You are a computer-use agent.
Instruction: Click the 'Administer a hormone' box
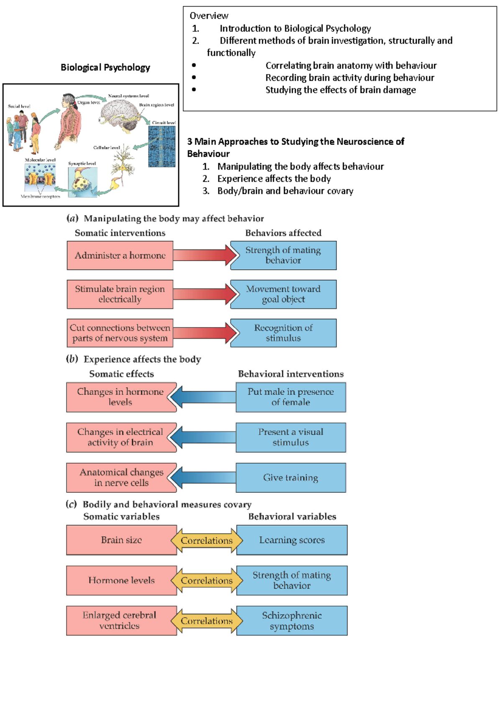(120, 255)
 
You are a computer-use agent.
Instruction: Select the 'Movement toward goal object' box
(283, 294)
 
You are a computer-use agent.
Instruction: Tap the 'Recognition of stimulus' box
(283, 333)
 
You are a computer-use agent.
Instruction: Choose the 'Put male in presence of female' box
(291, 397)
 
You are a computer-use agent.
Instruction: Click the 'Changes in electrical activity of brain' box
(120, 437)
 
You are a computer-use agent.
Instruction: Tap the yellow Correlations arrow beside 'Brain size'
(207, 540)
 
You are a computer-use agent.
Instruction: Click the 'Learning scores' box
(292, 540)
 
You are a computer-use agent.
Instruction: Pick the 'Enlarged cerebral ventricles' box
(120, 621)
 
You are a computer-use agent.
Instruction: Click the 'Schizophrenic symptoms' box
(292, 621)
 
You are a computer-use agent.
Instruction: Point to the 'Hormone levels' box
(121, 580)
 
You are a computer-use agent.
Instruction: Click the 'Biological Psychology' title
(105, 67)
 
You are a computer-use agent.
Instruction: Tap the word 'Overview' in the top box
(209, 16)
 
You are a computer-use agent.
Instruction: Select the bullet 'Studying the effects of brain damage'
(341, 90)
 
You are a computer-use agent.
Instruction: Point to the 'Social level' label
(19, 106)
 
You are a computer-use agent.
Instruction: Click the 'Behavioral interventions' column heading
(291, 374)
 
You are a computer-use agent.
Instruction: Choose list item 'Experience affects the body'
(274, 179)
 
